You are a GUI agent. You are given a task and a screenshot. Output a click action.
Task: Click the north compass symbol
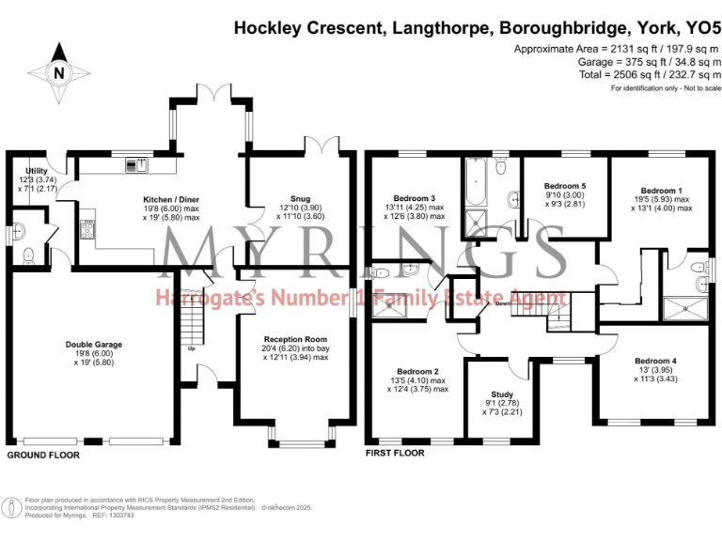(x=58, y=72)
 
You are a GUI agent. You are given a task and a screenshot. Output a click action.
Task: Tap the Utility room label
(x=36, y=171)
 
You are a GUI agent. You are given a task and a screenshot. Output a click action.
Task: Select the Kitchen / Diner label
(x=170, y=200)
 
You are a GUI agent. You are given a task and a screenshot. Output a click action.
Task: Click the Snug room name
(x=300, y=199)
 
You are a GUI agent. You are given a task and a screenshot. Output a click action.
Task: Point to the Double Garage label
(x=93, y=345)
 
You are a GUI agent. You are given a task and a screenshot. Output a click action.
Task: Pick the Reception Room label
(x=295, y=339)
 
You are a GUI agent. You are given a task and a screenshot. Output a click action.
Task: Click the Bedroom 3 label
(x=414, y=198)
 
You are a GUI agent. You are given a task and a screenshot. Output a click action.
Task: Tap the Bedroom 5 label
(x=565, y=186)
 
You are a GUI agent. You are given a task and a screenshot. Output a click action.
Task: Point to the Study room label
(x=502, y=394)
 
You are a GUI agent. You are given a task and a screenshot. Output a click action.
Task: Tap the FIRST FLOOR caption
(x=395, y=453)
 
